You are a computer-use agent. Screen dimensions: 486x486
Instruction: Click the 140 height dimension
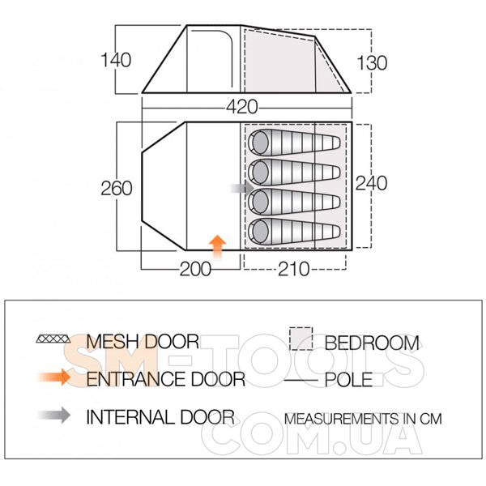116,60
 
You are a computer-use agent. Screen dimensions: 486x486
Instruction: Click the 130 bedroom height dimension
372,63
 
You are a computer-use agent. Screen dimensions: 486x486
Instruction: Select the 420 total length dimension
241,107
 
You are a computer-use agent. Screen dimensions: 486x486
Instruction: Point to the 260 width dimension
117,188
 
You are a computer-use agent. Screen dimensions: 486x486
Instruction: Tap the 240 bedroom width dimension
371,183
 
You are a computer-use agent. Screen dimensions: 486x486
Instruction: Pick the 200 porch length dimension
195,269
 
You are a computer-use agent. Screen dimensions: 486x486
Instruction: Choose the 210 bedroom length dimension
293,269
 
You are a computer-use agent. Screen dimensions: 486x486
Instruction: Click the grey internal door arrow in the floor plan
242,188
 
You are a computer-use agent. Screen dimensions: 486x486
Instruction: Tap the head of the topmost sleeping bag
260,143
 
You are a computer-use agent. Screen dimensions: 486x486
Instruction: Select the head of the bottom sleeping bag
260,231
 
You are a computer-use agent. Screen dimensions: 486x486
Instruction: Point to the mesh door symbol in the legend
53,339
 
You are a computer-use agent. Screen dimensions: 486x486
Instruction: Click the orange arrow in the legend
54,377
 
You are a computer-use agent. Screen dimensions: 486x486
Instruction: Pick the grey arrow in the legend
54,416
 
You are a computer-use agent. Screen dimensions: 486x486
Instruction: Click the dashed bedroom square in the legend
301,339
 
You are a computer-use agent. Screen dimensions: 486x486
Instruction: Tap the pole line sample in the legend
301,380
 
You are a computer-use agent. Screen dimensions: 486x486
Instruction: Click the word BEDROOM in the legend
372,343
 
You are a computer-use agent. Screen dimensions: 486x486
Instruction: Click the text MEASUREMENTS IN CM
363,419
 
